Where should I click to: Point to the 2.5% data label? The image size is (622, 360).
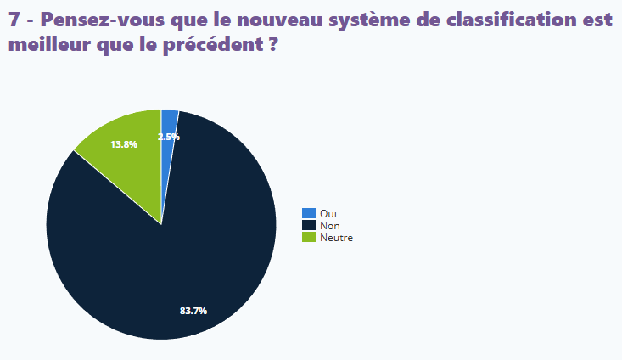tap(168, 137)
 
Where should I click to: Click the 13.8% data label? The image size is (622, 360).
tap(124, 144)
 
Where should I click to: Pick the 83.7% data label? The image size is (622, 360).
tap(193, 311)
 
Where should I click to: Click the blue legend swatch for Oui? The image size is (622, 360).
tap(309, 213)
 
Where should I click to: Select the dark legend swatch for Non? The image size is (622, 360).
tap(309, 225)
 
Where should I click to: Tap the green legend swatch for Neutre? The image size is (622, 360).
tap(309, 237)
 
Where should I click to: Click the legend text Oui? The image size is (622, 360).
tap(328, 214)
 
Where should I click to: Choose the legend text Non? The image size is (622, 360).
tap(329, 226)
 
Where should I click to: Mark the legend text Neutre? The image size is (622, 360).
tap(336, 238)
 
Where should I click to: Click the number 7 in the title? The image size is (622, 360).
tap(14, 21)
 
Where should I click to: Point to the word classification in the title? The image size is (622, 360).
tap(509, 21)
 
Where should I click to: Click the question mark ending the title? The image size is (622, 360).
tap(273, 45)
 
